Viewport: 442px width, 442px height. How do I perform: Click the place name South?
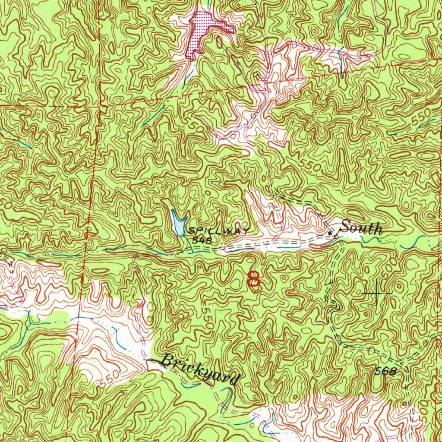tap(361, 228)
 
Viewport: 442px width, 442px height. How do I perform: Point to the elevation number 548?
tap(202, 240)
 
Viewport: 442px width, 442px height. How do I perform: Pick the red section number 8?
tap(253, 279)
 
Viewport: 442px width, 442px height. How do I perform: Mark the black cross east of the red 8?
tap(376, 294)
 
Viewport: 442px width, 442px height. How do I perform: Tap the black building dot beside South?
tap(331, 233)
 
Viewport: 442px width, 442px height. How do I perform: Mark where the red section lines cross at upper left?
tap(99, 105)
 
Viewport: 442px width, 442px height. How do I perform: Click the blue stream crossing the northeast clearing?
tap(341, 60)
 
